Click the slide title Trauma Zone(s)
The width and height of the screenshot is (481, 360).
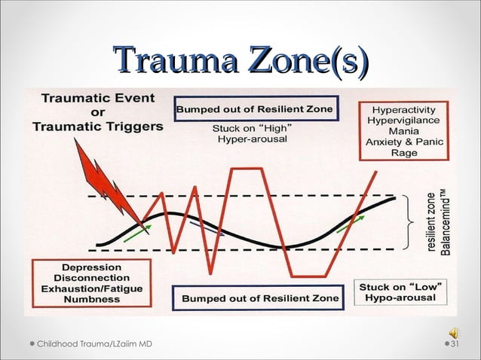click(240, 60)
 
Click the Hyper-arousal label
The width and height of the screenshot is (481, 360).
click(252, 139)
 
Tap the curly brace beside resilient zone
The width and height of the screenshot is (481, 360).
click(412, 223)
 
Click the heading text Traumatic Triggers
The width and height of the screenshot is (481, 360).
click(97, 127)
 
